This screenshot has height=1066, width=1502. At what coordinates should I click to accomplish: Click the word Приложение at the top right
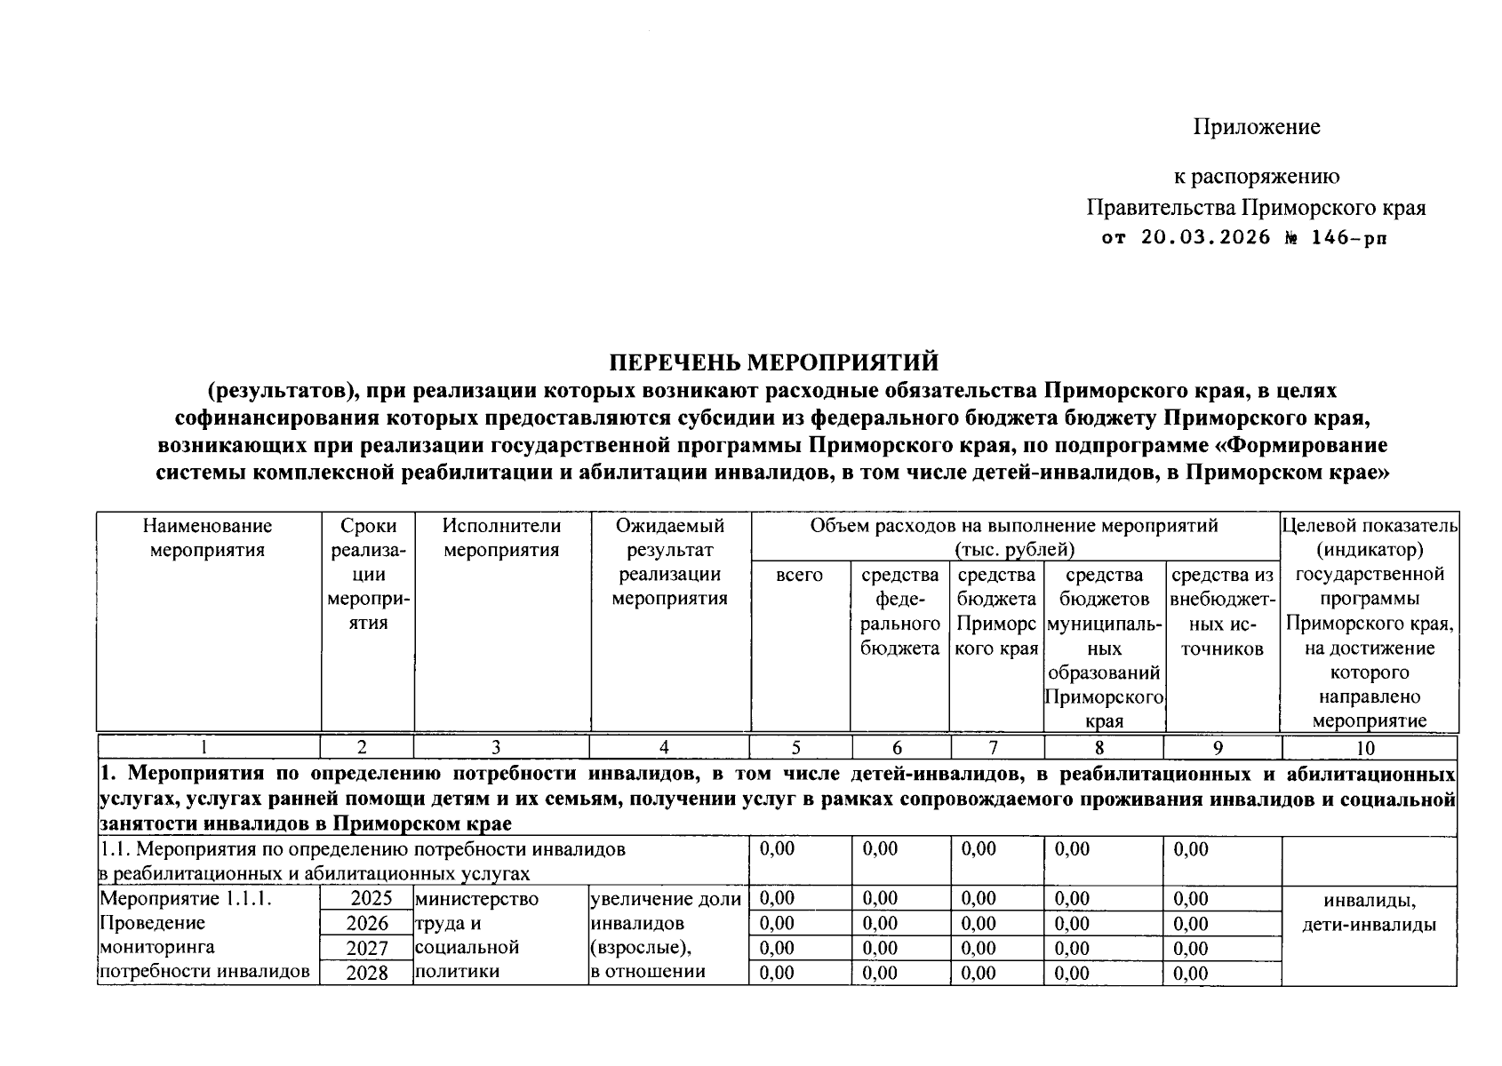1256,127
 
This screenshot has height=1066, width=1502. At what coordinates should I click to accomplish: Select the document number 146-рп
1347,238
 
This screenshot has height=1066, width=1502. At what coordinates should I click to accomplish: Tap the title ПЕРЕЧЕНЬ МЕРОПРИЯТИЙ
773,362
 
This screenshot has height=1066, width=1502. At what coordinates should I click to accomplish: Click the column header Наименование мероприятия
207,537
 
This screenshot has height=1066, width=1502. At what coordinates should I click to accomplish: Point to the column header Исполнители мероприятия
501,537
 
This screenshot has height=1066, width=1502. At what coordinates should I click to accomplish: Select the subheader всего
799,575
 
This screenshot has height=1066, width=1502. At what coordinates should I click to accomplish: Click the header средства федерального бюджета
899,611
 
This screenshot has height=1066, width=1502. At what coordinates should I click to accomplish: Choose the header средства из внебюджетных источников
1222,611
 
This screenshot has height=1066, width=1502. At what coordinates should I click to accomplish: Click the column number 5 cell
796,747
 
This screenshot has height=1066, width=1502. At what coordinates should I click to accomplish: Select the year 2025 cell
369,899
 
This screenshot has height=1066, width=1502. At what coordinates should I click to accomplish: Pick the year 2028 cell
367,973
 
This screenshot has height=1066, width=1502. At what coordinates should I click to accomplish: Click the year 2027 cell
367,949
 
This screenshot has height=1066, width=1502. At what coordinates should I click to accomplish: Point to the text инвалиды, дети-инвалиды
1369,913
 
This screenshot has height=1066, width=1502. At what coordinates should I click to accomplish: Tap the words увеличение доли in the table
666,899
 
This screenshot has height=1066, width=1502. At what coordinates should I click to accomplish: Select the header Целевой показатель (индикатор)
1369,537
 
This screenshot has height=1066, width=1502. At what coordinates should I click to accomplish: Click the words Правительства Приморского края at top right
1255,208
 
